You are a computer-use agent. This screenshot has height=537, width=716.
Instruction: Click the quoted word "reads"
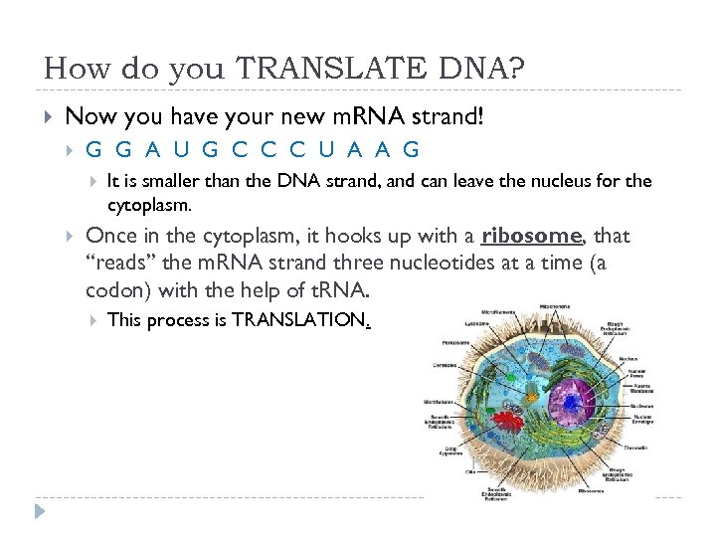(119, 265)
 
